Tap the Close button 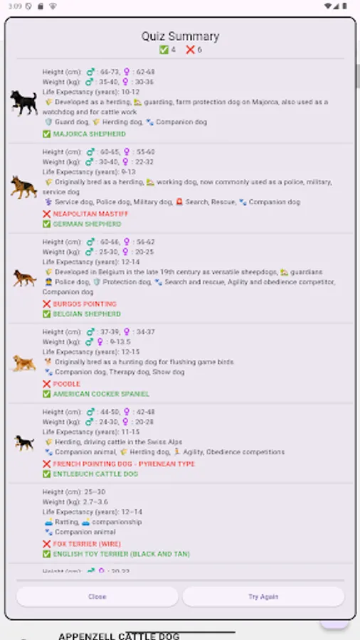[x=97, y=597]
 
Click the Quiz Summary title [x=180, y=36]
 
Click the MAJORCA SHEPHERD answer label [x=89, y=134]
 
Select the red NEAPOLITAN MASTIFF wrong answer [x=90, y=213]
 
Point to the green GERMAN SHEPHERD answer [x=87, y=224]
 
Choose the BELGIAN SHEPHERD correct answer [x=87, y=314]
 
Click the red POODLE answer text [x=66, y=384]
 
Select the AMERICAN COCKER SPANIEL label [x=101, y=394]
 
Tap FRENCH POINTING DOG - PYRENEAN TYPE [x=124, y=464]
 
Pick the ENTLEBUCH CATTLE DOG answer [x=95, y=474]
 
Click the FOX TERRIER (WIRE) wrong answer [x=85, y=544]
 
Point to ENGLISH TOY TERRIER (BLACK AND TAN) [x=121, y=554]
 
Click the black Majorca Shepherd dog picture [x=23, y=102]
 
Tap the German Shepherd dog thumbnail [x=23, y=187]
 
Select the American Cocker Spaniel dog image [x=23, y=363]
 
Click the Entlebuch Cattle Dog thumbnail [x=24, y=442]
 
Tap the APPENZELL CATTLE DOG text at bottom [x=119, y=636]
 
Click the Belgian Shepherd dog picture [x=24, y=277]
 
